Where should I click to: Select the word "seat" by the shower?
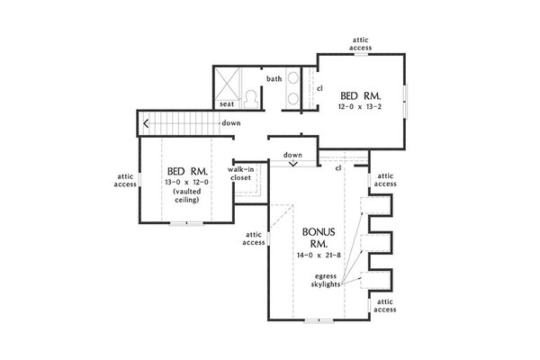click(x=228, y=104)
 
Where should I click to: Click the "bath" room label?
click(x=274, y=78)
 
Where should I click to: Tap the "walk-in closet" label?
click(x=239, y=174)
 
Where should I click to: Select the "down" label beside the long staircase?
click(x=230, y=122)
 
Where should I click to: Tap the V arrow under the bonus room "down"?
click(x=292, y=164)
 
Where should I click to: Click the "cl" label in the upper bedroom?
click(x=319, y=87)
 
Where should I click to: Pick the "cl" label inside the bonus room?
click(x=337, y=168)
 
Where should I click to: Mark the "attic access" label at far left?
click(x=125, y=180)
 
